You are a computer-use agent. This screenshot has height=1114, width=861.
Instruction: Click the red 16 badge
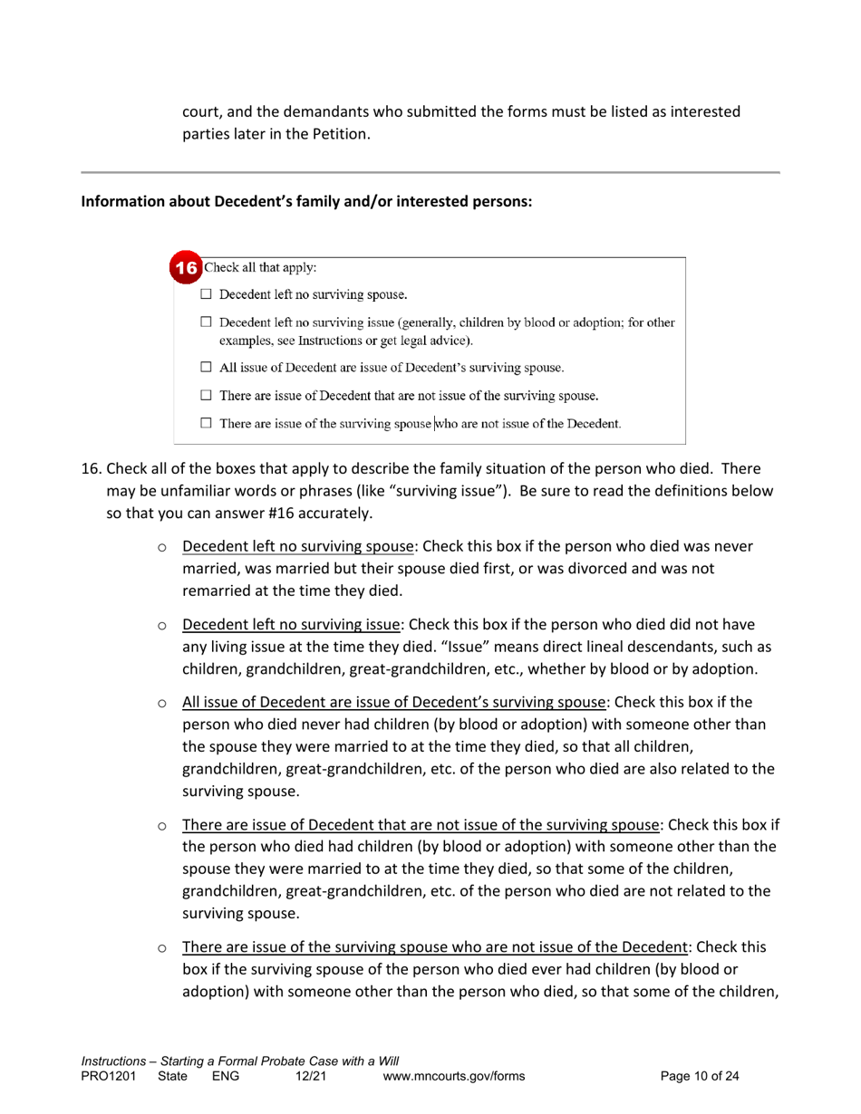point(187,269)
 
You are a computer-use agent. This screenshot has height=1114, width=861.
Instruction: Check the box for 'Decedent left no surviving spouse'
point(207,294)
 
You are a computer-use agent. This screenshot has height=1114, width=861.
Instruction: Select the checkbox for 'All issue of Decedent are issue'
point(207,368)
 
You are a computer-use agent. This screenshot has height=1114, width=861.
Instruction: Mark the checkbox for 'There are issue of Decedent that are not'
point(207,395)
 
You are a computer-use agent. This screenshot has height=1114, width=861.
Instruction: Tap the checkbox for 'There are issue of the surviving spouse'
point(207,423)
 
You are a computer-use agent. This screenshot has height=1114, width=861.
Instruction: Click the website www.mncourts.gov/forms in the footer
point(454,1076)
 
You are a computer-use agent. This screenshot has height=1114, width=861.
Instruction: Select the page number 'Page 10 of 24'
point(700,1076)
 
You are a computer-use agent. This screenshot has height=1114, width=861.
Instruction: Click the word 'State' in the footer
point(172,1076)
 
